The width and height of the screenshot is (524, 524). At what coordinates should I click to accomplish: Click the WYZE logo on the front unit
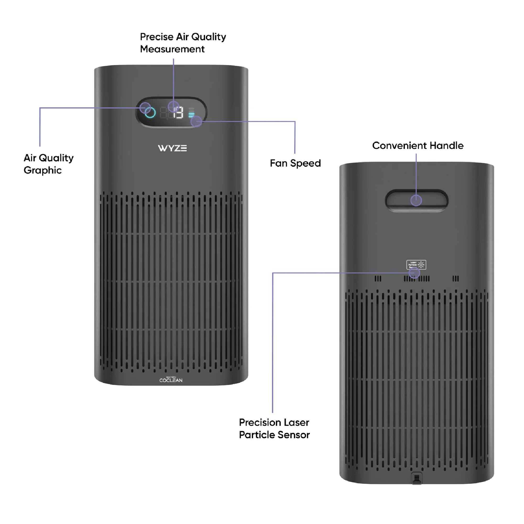[x=172, y=148]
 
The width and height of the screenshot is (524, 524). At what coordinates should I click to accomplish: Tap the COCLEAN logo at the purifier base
[x=171, y=380]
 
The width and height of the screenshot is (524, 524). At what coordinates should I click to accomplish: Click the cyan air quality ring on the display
[x=150, y=113]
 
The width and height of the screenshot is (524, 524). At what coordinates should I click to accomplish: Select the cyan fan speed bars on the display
[x=191, y=114]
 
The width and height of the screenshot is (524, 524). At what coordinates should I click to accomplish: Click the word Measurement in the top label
[x=172, y=49]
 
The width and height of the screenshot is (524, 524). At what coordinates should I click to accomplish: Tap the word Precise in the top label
[x=156, y=37]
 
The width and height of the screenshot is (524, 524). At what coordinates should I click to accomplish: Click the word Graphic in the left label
[x=43, y=170]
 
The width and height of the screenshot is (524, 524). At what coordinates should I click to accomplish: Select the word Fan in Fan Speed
[x=278, y=163]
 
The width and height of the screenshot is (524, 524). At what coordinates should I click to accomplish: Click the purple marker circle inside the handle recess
[x=416, y=200]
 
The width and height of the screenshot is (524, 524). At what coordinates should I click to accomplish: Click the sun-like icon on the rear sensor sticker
[x=421, y=265]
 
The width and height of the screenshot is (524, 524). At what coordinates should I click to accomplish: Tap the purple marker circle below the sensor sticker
[x=414, y=273]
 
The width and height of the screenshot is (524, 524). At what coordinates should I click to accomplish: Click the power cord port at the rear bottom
[x=417, y=478]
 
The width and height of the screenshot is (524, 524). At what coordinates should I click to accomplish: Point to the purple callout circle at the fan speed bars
[x=196, y=121]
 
